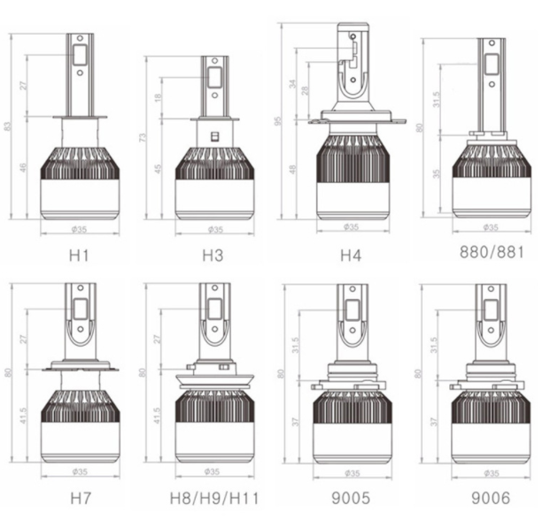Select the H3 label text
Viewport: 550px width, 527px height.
(x=213, y=256)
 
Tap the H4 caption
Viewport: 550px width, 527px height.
(x=351, y=256)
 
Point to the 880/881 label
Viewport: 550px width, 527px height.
(x=492, y=251)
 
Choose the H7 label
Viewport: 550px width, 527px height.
(x=79, y=498)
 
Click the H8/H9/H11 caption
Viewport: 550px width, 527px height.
(x=213, y=498)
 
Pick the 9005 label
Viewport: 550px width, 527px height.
(x=351, y=498)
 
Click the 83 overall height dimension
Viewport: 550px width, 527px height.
(x=9, y=126)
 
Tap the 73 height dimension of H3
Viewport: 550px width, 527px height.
(x=144, y=139)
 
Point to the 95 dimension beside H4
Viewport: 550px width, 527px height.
(x=279, y=121)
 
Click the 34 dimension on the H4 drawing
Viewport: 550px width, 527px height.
(x=292, y=86)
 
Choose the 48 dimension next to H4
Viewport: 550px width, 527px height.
(x=292, y=170)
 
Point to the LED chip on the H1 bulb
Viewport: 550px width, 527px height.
(x=80, y=55)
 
